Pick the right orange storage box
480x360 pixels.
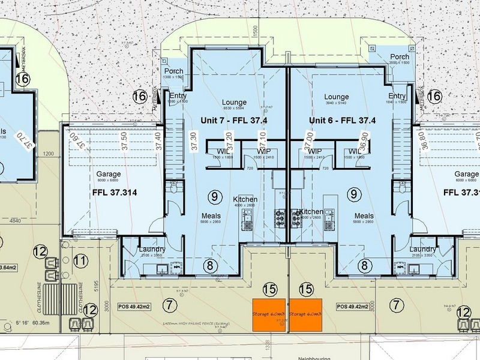coord(305,314)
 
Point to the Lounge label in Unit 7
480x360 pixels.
coord(234,102)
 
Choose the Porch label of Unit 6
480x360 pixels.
coord(400,56)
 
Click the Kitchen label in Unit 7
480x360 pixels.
coord(245,199)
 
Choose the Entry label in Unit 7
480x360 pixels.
coord(179,96)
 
